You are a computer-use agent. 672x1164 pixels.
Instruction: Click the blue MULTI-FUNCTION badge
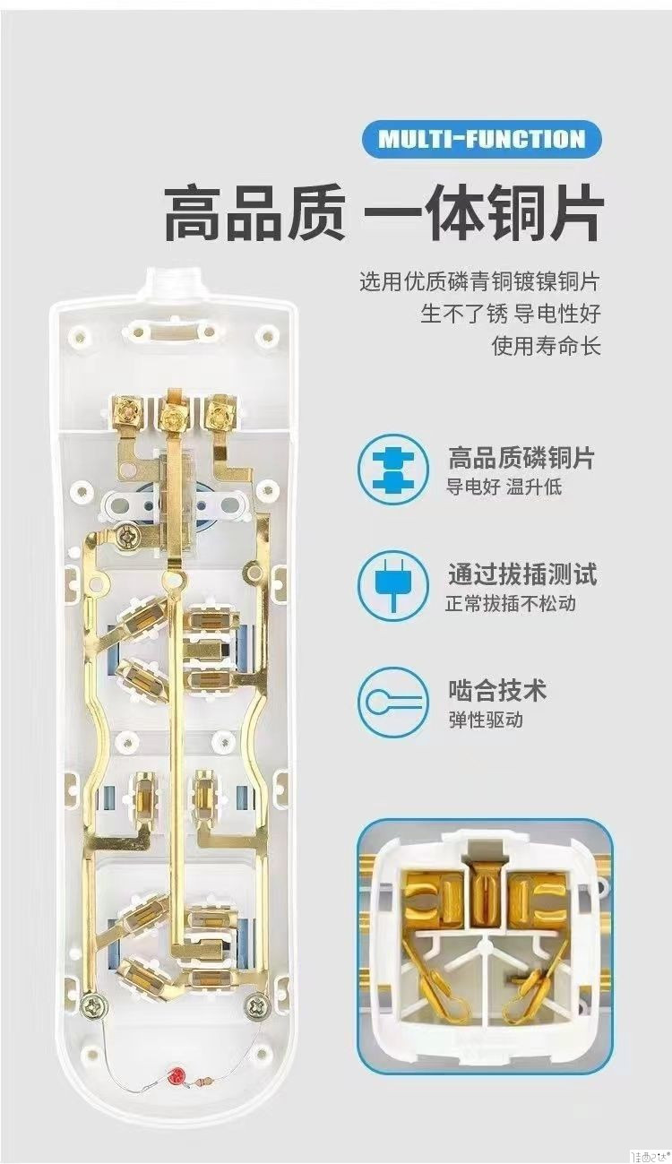point(481,139)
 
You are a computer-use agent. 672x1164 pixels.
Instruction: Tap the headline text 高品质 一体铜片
point(383,211)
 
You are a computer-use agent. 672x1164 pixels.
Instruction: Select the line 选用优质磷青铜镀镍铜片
point(478,283)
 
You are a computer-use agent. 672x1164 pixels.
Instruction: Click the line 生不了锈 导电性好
point(510,315)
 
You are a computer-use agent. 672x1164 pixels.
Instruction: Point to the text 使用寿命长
point(546,345)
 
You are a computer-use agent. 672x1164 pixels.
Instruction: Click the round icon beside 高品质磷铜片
point(392,470)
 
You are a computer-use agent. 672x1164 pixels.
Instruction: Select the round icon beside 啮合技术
point(392,703)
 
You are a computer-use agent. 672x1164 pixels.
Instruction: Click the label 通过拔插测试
point(521,573)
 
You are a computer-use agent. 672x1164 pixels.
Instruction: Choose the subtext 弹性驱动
point(485,720)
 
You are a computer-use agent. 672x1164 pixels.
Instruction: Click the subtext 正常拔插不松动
point(511,603)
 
